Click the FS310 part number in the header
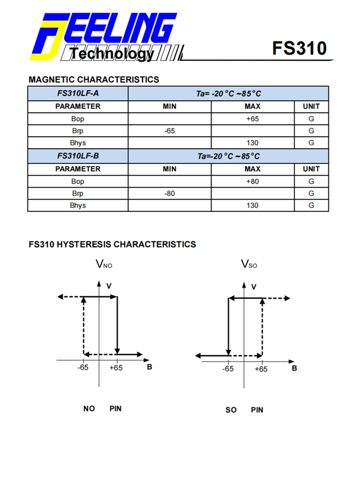coord(299,48)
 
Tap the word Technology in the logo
coord(111,54)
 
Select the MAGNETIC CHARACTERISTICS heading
coord(94,79)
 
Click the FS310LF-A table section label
coord(78,94)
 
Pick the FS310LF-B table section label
coord(78,156)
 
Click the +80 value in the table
coord(252,181)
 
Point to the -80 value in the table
coord(169,193)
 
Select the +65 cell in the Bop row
coord(252,119)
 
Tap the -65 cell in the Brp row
coord(169,131)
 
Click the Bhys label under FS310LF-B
coord(78,205)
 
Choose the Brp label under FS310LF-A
coord(78,131)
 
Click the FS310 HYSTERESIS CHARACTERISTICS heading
coord(112,244)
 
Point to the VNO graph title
coord(104,264)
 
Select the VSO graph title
coord(249,264)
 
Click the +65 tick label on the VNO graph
coord(116,368)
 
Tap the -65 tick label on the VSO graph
coord(228,369)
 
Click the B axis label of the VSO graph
coord(294,368)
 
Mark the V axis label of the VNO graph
coord(109,286)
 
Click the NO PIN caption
coord(102,408)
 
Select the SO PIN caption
coord(244,410)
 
